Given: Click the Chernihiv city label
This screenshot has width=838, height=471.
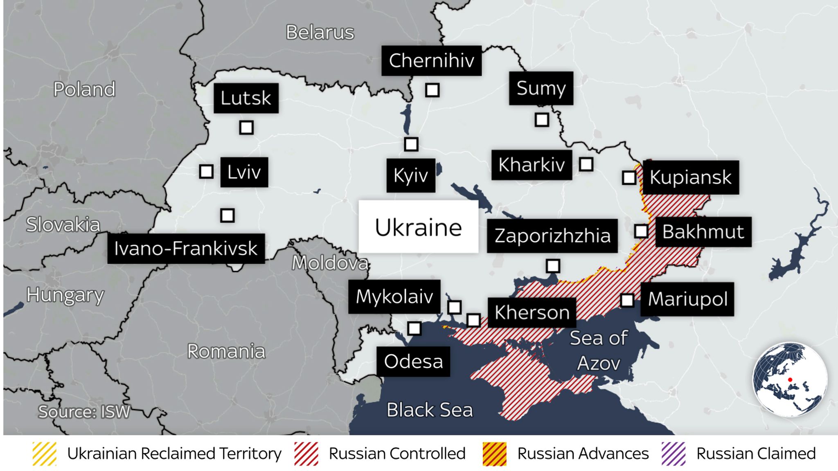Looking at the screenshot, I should pyautogui.click(x=431, y=61).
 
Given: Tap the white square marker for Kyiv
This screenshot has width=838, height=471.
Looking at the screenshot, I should pyautogui.click(x=411, y=144).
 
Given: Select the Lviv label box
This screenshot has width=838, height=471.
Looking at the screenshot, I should pyautogui.click(x=244, y=172).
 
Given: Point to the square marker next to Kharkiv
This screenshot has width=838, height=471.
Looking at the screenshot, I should pyautogui.click(x=586, y=164).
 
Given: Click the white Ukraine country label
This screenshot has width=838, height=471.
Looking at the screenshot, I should pyautogui.click(x=418, y=227).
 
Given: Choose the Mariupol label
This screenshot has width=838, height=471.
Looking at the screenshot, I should pyautogui.click(x=687, y=299).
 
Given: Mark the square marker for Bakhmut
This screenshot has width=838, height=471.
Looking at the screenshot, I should pyautogui.click(x=641, y=231).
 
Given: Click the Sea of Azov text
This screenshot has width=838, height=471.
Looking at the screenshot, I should pyautogui.click(x=599, y=350).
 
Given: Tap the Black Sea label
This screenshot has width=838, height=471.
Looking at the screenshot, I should pyautogui.click(x=429, y=410).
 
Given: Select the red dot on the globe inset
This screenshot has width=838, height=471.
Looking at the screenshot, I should pyautogui.click(x=790, y=380).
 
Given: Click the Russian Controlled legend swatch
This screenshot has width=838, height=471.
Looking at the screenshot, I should pyautogui.click(x=306, y=454).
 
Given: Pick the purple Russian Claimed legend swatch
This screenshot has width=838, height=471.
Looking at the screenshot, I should pyautogui.click(x=673, y=454).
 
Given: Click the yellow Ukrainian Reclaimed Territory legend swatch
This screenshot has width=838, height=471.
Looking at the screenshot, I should pyautogui.click(x=45, y=454).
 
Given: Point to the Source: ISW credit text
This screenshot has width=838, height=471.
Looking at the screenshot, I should pyautogui.click(x=84, y=412).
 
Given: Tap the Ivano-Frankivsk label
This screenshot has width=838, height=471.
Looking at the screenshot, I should pyautogui.click(x=186, y=249).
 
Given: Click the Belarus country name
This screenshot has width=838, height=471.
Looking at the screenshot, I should pyautogui.click(x=320, y=32).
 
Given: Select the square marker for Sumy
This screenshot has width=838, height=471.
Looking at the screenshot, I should pyautogui.click(x=542, y=120).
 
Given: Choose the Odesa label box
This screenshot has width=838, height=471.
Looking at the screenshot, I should pyautogui.click(x=413, y=361).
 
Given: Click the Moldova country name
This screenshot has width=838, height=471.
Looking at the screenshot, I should pyautogui.click(x=330, y=263).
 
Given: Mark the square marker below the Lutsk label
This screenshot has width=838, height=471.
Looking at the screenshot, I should pyautogui.click(x=246, y=128).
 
